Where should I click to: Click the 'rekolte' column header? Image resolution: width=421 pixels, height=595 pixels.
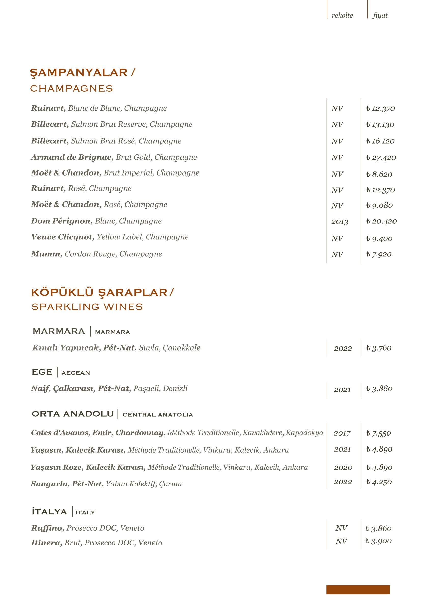point(342,16)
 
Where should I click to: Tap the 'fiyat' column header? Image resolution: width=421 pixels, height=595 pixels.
point(380,16)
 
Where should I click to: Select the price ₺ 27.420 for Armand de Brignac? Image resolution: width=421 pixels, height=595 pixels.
point(381,157)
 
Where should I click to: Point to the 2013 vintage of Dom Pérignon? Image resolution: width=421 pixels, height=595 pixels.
point(340,222)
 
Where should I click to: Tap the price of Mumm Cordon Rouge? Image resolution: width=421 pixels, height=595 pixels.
point(379,254)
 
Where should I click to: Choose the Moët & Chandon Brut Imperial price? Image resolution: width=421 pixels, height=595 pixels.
point(379,174)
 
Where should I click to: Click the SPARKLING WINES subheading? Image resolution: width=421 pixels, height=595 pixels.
point(87,307)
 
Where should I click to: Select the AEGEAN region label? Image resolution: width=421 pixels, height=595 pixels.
point(76,373)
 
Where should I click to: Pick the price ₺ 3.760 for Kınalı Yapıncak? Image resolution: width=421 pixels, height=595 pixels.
point(379,348)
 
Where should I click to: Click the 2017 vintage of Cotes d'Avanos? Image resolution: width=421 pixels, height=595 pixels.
point(342,433)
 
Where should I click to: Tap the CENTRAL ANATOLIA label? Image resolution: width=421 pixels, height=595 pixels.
point(158,415)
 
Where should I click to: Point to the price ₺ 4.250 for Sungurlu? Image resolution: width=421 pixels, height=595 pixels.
point(379,482)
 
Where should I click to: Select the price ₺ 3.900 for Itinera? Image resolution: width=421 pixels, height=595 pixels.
point(378,541)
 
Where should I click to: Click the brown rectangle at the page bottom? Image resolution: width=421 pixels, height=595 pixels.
point(358,590)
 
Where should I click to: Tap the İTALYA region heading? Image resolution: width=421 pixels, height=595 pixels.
point(50,512)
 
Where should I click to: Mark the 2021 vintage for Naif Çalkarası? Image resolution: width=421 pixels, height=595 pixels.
point(342,390)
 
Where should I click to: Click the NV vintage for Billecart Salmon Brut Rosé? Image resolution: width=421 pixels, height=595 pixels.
point(337,141)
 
